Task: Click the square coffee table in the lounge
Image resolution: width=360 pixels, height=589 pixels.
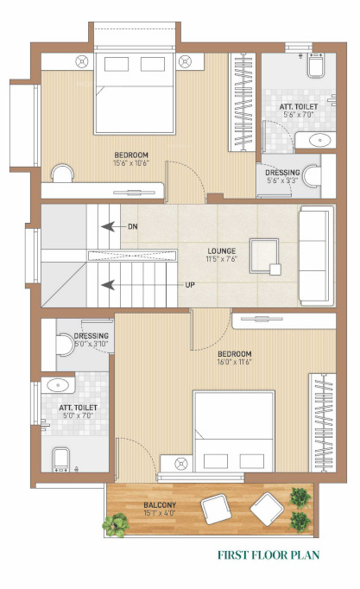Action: pyautogui.click(x=263, y=253)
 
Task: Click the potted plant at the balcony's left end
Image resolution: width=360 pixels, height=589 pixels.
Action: pyautogui.click(x=114, y=523)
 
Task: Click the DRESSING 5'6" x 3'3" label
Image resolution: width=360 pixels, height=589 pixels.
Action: pyautogui.click(x=283, y=176)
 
